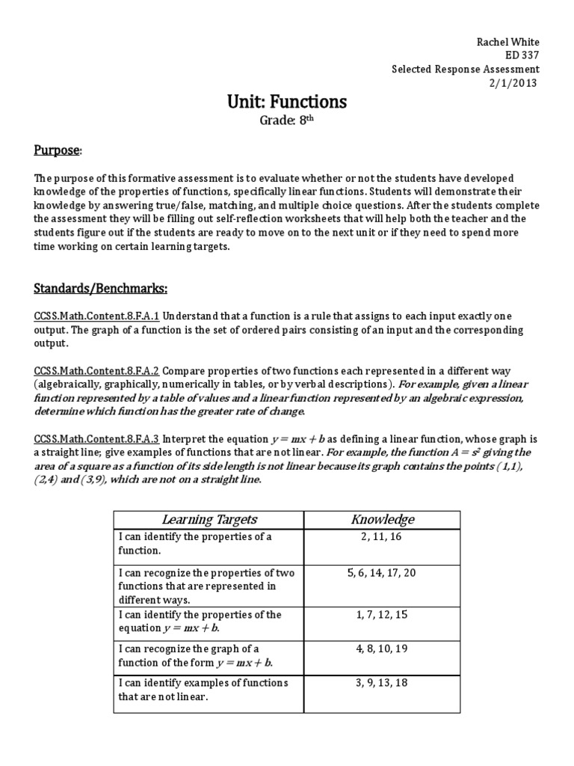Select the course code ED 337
(x=522, y=55)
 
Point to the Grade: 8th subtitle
(x=287, y=120)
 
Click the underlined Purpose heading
(x=58, y=150)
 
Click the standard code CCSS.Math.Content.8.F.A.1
(x=97, y=316)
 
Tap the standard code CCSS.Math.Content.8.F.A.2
(x=97, y=371)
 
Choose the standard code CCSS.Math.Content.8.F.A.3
(x=97, y=439)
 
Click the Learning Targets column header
(x=209, y=519)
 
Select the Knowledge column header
(x=383, y=519)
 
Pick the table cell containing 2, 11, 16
(x=383, y=537)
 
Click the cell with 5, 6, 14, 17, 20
(x=383, y=573)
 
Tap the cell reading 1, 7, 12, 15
(x=383, y=615)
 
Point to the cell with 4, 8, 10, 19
(x=383, y=649)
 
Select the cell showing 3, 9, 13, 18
(x=383, y=683)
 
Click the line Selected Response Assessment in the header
(x=466, y=69)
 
